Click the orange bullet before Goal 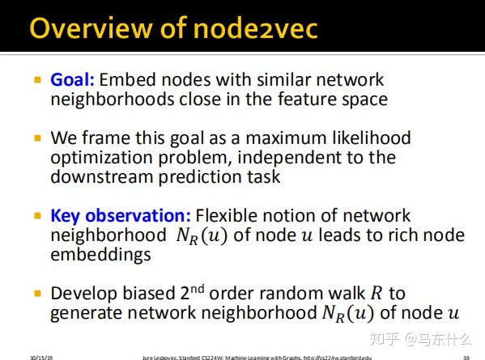(37, 80)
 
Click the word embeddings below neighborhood (100, 254)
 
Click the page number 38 (466, 356)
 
